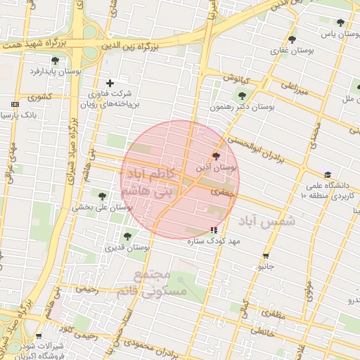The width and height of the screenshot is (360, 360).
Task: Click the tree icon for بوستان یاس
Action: click(x=340, y=22)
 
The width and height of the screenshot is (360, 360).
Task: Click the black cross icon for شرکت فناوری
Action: click(x=110, y=83)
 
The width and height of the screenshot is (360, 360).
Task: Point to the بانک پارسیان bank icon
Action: click(x=15, y=104)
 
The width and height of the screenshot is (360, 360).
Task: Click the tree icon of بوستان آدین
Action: click(x=215, y=157)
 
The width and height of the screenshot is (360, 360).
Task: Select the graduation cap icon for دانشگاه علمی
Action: click(x=328, y=175)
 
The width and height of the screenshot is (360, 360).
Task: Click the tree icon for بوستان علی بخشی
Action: click(x=102, y=196)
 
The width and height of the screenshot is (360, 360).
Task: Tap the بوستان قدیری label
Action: click(x=127, y=247)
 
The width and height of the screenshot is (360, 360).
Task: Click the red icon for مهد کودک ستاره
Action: click(x=214, y=230)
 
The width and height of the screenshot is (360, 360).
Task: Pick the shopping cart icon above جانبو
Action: click(x=266, y=256)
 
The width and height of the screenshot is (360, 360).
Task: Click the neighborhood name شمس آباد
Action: click(x=267, y=221)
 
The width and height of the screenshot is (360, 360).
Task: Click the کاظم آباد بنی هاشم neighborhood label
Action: click(x=148, y=182)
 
